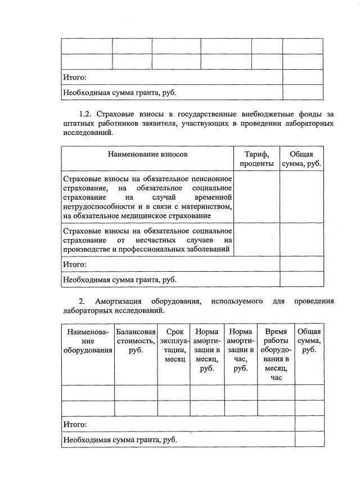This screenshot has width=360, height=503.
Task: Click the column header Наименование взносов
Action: (x=148, y=154)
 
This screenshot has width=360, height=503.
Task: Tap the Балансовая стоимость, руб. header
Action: (x=136, y=341)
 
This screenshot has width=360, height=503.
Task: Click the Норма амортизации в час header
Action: (x=241, y=350)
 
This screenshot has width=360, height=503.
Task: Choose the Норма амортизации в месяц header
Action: (x=207, y=350)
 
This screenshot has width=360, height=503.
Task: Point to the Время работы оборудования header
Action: (x=276, y=354)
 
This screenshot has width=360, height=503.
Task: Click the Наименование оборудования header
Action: (x=87, y=341)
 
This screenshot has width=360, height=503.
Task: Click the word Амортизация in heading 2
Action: (x=118, y=301)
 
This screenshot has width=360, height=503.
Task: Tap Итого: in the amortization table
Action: (x=74, y=424)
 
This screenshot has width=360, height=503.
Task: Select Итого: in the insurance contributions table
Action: (x=74, y=264)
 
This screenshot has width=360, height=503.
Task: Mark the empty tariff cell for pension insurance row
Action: (x=256, y=196)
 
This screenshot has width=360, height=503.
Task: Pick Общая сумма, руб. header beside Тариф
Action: (x=301, y=158)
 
